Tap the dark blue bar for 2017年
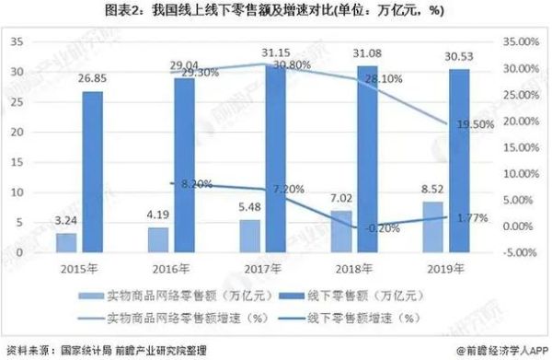[274, 157]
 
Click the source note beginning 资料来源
[120, 350]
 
